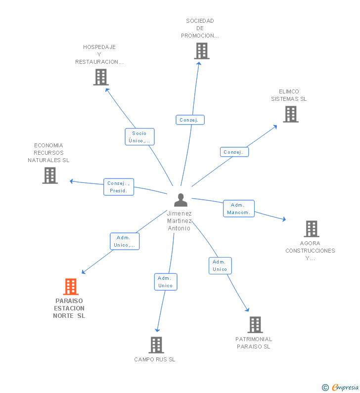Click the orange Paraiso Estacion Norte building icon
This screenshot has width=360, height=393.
(71, 287)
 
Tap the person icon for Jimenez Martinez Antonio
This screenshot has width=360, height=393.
(180, 200)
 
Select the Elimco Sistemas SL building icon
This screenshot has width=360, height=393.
(291, 114)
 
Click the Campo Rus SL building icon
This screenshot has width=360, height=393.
(156, 345)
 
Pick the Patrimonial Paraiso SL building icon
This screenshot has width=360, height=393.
(255, 325)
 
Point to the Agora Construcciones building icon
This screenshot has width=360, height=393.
(312, 229)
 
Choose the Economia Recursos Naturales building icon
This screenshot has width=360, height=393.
(50, 175)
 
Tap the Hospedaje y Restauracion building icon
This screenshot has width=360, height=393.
(101, 77)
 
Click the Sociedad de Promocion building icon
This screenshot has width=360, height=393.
(202, 51)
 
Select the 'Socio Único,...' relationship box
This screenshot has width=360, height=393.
(139, 137)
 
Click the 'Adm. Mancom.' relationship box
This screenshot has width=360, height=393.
(239, 209)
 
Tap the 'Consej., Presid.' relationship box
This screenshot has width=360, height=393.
(119, 187)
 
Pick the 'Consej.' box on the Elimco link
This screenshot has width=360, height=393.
(234, 152)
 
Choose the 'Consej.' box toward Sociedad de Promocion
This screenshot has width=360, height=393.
(190, 120)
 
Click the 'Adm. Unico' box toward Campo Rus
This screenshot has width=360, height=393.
(166, 282)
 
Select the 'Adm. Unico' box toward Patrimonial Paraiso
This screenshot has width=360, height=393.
(220, 265)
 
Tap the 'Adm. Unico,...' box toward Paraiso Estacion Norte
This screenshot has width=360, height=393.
(125, 241)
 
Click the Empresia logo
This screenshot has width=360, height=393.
(340, 387)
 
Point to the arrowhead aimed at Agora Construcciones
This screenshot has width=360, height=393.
(284, 219)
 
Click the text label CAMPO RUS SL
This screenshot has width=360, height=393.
(155, 359)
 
